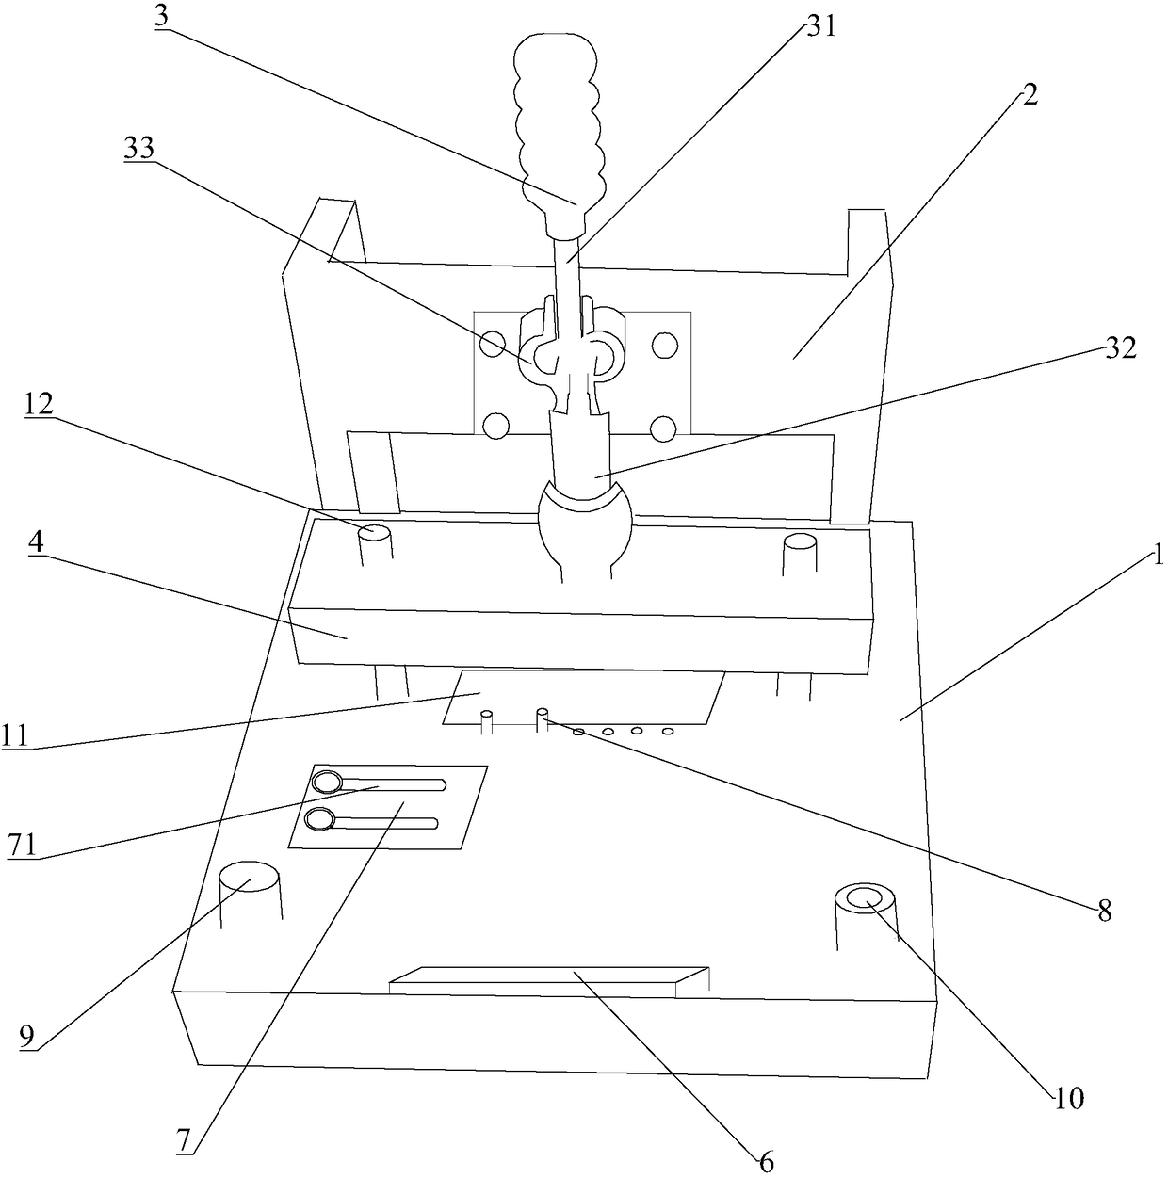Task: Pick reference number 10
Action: pos(1069,1097)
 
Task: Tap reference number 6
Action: pos(766,1162)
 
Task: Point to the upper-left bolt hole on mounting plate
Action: pos(492,344)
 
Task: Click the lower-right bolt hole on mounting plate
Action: pos(664,429)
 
